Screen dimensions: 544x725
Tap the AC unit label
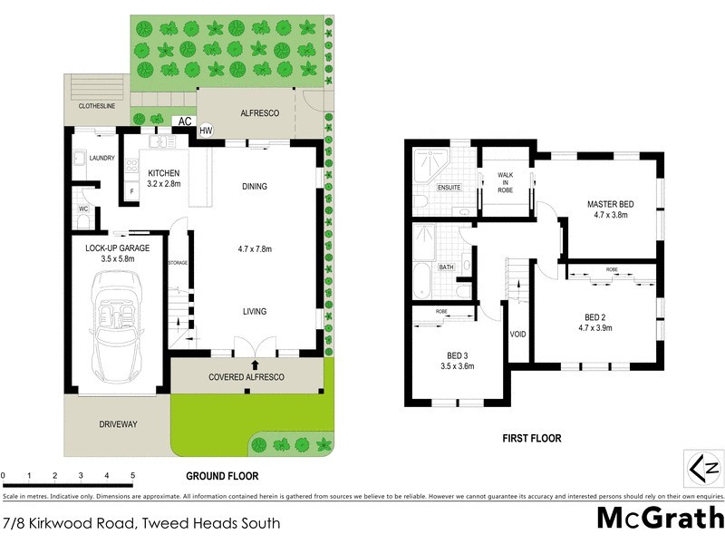pos(184,121)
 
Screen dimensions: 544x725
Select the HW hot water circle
pos(206,130)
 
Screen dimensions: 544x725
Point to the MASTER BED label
pos(610,203)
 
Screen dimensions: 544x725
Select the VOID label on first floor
pos(518,333)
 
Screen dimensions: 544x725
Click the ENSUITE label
pos(449,187)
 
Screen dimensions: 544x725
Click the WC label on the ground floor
pos(82,209)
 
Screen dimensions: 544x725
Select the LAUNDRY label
pos(101,158)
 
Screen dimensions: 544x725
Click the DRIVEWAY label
pos(118,423)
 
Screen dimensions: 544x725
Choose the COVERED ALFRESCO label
pos(246,376)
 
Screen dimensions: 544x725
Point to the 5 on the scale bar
pos(132,475)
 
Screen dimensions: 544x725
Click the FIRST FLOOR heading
pos(532,439)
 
